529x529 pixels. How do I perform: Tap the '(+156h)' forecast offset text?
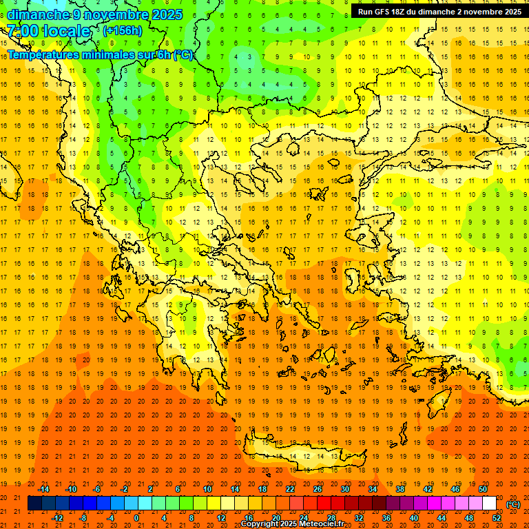click(122, 30)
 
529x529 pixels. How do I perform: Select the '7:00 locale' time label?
click(48, 31)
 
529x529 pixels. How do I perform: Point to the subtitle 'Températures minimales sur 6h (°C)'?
click(100, 55)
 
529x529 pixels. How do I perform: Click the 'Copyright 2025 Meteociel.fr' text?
click(292, 524)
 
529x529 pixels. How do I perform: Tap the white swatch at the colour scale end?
click(489, 504)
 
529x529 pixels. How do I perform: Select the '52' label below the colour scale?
click(497, 518)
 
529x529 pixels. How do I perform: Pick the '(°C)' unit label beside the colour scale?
click(513, 504)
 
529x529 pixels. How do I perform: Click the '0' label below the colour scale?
click(137, 518)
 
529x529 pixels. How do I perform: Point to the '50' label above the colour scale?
click(482, 489)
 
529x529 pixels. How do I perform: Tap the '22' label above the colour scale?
click(290, 489)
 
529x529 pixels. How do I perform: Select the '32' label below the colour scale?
click(359, 518)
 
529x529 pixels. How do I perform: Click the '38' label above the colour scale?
click(400, 489)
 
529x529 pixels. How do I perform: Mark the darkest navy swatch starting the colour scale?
click(34, 504)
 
